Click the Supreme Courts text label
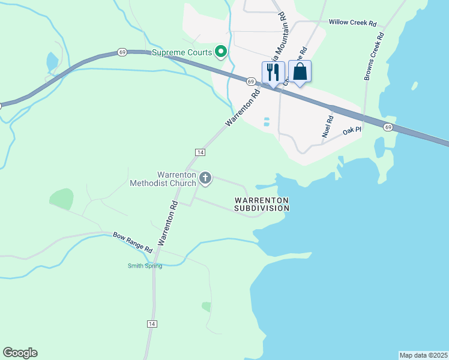point(182,53)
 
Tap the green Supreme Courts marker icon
point(221,52)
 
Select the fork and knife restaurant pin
point(273,73)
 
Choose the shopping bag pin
point(300,73)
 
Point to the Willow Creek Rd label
point(352,23)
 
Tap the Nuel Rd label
point(328,127)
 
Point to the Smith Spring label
point(145,266)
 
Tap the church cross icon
point(206,178)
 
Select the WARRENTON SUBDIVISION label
point(262,204)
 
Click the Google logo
point(20,353)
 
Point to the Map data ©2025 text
point(423,355)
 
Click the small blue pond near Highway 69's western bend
point(52,61)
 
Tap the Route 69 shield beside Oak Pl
point(388,127)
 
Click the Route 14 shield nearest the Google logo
point(152,323)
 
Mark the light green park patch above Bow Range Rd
point(62,199)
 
